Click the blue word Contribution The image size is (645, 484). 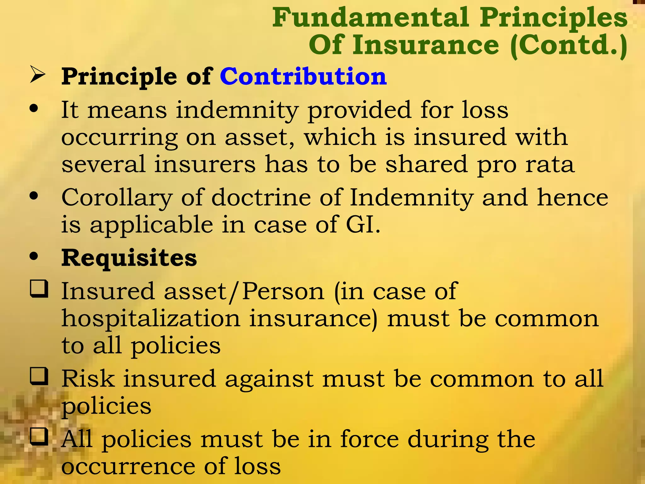tap(303, 77)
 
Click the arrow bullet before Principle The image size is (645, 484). tap(38, 75)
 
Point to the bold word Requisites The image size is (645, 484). tap(129, 258)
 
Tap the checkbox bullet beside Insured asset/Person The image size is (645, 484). tap(39, 289)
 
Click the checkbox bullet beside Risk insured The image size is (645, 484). tap(39, 377)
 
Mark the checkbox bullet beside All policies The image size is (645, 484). tap(39, 436)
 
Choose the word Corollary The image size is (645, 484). tap(117, 198)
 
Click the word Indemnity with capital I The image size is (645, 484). tap(411, 198)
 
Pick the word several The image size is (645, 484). tap(103, 164)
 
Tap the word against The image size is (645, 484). tap(269, 379)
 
